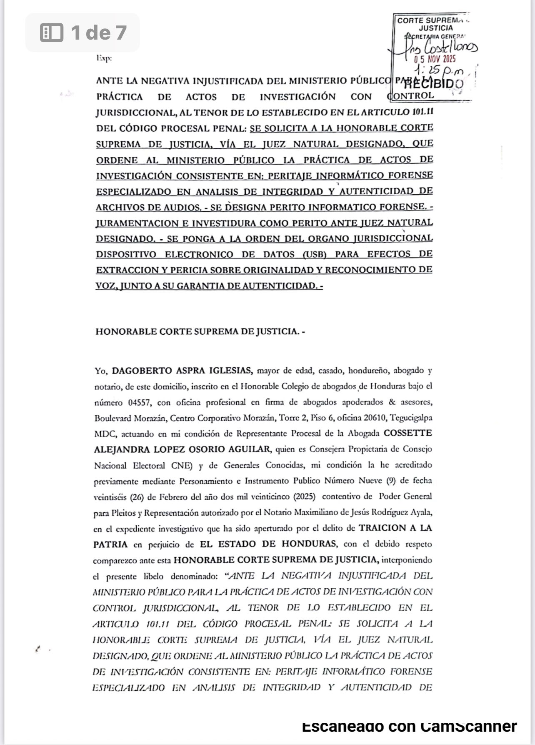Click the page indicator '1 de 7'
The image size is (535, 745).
tap(98, 33)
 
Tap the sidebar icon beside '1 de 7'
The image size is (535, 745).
tap(51, 33)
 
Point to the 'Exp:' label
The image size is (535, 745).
tap(104, 59)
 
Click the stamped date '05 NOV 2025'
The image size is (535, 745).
tap(435, 59)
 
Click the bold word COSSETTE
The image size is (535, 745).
tap(407, 433)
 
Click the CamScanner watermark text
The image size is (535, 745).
tap(409, 726)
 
